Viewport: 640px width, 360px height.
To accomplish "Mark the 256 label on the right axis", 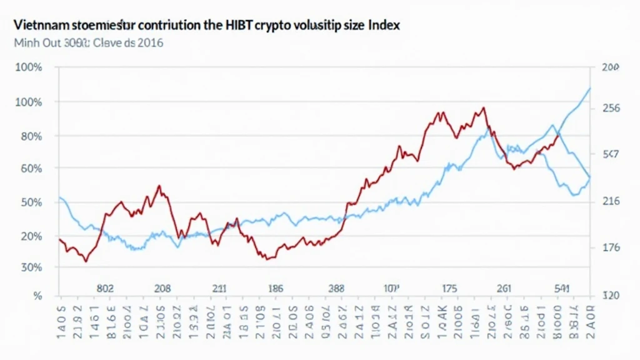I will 610,108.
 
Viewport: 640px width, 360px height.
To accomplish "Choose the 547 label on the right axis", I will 610,154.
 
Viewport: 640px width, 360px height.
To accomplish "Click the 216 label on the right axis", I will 610,201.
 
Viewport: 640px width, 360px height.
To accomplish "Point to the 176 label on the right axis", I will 610,247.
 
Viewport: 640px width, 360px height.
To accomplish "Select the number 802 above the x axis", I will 105,289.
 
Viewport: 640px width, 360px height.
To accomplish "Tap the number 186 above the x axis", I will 275,289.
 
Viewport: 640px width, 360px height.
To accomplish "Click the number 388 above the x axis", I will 336,289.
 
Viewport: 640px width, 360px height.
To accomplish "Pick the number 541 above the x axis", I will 561,289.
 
